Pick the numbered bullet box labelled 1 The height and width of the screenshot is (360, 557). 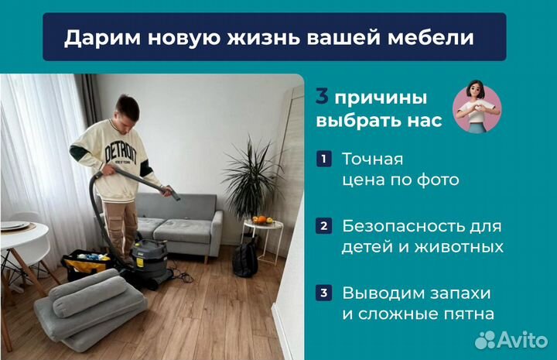323,159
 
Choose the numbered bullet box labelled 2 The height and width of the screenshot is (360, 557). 323,227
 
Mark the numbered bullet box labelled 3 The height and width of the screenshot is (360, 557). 323,294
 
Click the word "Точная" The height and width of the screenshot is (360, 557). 372,159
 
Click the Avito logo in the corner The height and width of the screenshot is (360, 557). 510,339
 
